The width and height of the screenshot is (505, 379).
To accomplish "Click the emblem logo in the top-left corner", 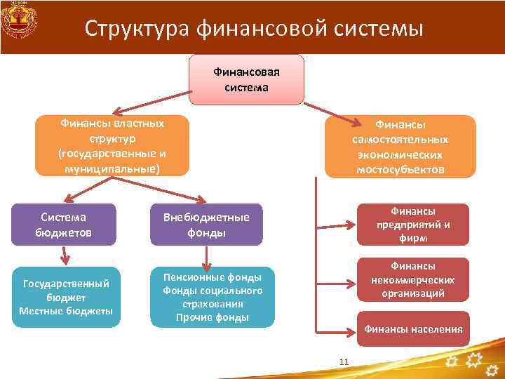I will click(x=18, y=21).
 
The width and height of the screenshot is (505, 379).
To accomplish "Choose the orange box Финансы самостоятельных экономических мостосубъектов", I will click(x=400, y=146).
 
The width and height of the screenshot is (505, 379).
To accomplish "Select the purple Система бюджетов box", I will click(x=65, y=225).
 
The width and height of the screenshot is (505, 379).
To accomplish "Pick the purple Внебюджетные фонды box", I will click(x=206, y=225).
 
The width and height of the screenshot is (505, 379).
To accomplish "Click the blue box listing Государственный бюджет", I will click(x=66, y=297).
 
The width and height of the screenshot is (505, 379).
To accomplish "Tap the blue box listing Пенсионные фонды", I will click(x=212, y=297).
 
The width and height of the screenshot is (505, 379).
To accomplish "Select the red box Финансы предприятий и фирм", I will click(x=412, y=225).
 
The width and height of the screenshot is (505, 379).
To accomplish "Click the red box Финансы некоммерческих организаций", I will click(x=412, y=279).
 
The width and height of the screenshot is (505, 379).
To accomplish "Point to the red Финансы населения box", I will click(x=412, y=329).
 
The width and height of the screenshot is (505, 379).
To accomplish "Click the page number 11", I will click(x=344, y=361).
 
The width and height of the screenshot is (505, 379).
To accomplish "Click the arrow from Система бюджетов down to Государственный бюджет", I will click(x=65, y=256).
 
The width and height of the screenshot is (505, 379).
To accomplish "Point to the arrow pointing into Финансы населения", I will click(x=337, y=329).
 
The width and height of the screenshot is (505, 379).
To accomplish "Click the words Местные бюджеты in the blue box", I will click(x=66, y=311).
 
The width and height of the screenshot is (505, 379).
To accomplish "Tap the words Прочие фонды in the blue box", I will click(x=212, y=317).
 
